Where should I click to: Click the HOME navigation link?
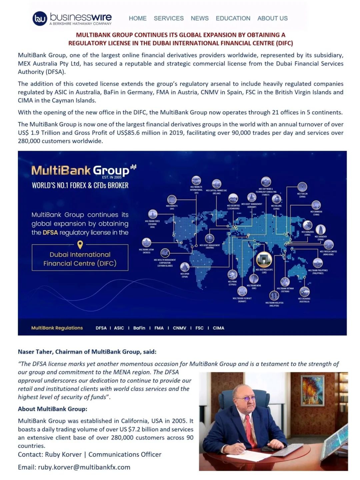[x=138, y=18]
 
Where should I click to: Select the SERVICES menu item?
[x=169, y=18]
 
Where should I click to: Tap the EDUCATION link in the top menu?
[x=233, y=18]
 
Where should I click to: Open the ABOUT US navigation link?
[x=272, y=18]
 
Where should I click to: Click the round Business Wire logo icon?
[x=40, y=18]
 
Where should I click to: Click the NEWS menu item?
[x=200, y=18]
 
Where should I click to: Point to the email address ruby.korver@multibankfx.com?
[x=84, y=467]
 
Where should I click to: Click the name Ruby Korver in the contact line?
[x=63, y=454]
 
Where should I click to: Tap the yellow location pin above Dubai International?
[x=80, y=245]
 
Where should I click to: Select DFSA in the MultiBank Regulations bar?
[x=101, y=328]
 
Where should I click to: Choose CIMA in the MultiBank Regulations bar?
[x=218, y=328]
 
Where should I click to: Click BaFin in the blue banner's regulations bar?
[x=139, y=328]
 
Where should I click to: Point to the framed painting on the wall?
[x=312, y=391]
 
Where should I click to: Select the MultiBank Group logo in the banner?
[x=83, y=170]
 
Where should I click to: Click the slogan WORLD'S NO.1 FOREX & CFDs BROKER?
[x=80, y=185]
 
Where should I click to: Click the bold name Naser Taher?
[x=36, y=352]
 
